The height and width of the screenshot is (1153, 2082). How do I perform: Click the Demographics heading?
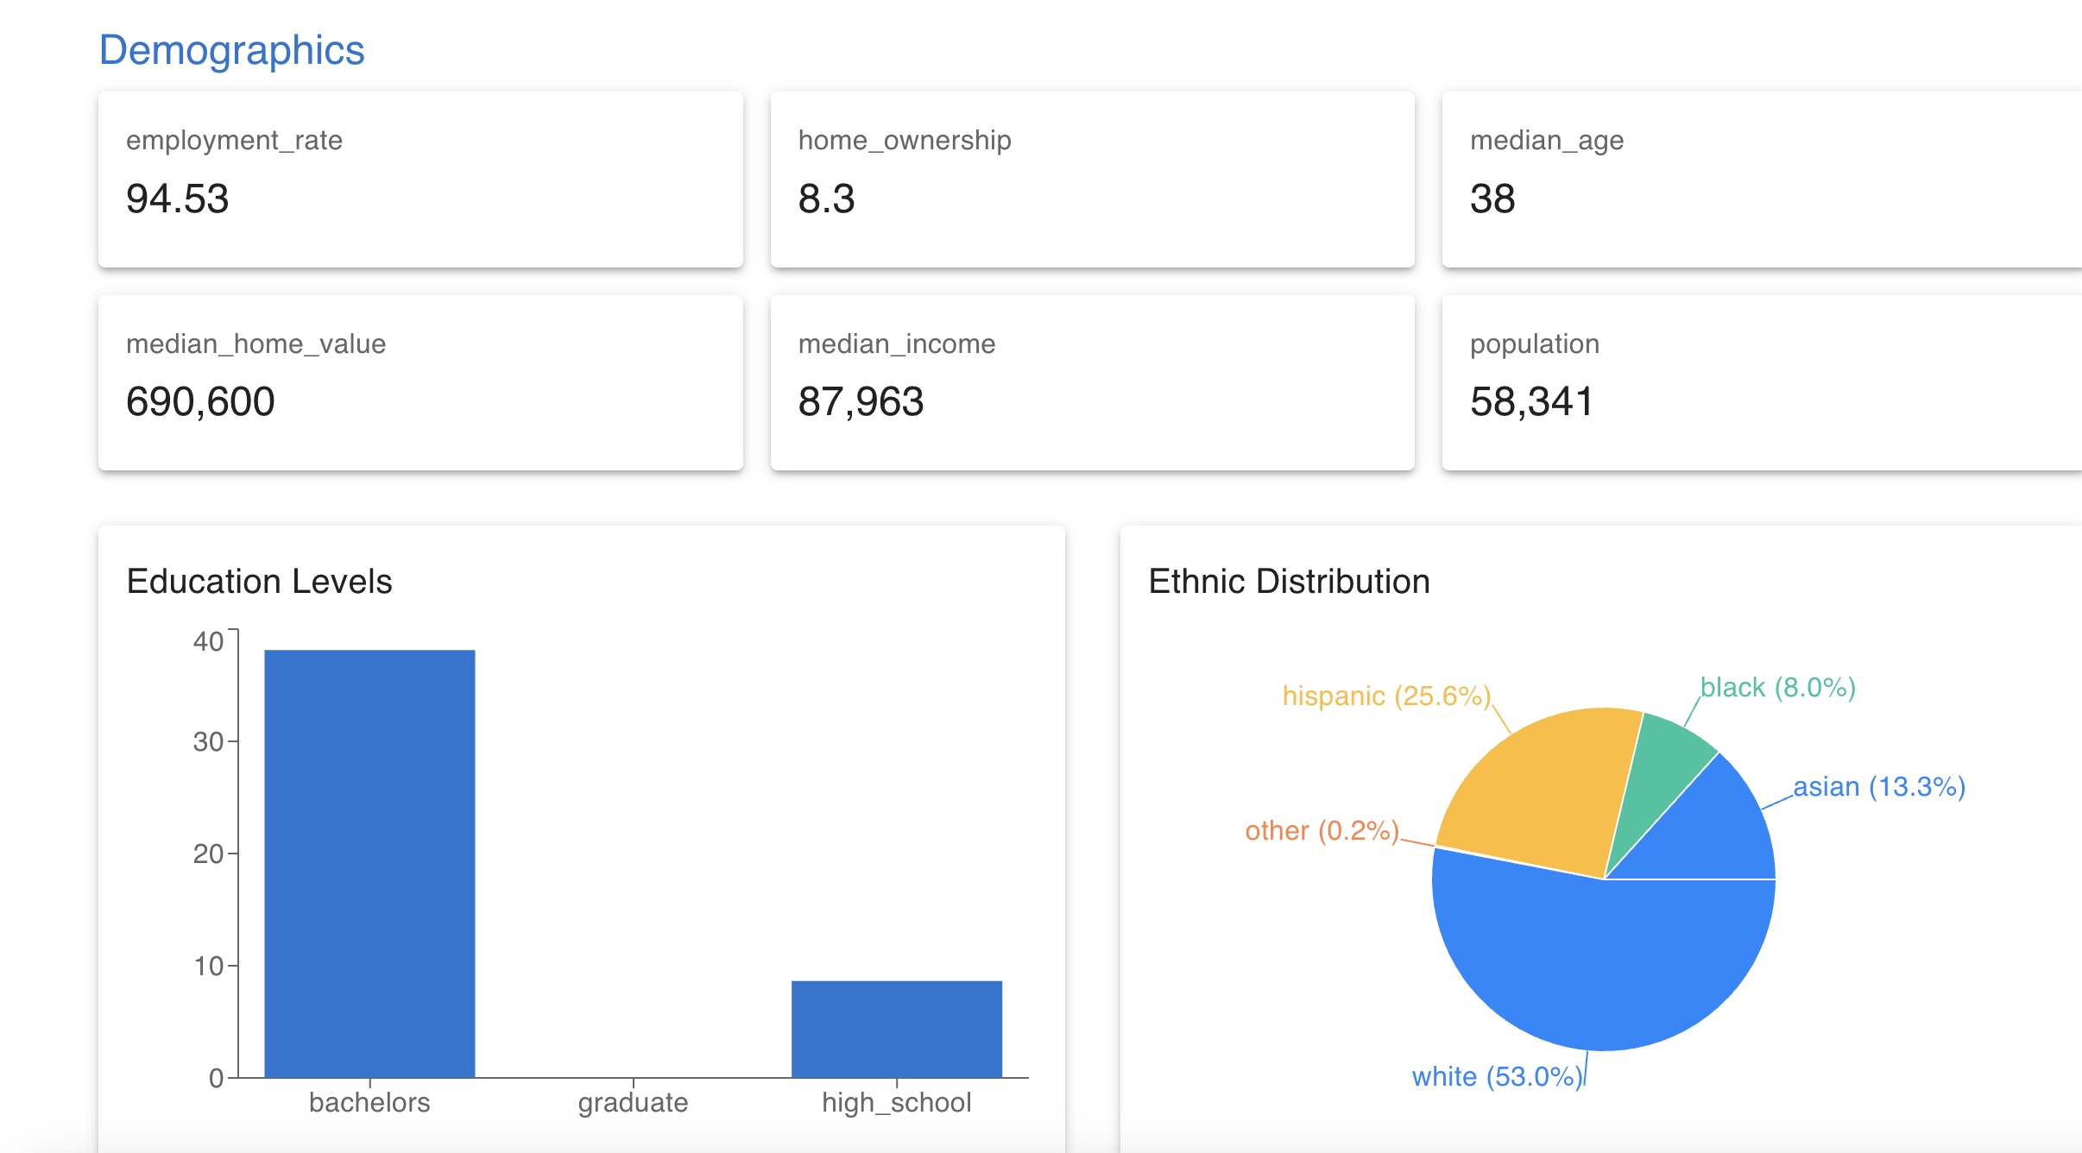[x=231, y=50]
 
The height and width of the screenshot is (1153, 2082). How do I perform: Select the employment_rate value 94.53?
[x=177, y=198]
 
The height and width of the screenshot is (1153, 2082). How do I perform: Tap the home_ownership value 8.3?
[x=826, y=198]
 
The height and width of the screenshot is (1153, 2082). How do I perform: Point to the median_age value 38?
[x=1492, y=198]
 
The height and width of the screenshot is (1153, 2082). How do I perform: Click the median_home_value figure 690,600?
[x=200, y=402]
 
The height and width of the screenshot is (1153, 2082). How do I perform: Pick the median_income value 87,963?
[x=861, y=402]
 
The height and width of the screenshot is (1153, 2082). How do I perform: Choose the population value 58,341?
[x=1531, y=402]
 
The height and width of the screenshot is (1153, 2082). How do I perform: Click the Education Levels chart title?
[x=259, y=582]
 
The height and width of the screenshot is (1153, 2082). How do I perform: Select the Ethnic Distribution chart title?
[x=1289, y=582]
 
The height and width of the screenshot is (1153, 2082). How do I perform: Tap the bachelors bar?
[x=369, y=863]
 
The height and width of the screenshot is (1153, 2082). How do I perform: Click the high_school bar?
[x=896, y=1029]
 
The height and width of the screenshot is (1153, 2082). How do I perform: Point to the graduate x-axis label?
[x=633, y=1102]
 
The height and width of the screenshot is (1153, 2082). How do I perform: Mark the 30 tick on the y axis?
[x=208, y=741]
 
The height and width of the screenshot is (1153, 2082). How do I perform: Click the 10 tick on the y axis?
[x=208, y=966]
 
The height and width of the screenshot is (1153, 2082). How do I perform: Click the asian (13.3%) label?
[x=1879, y=787]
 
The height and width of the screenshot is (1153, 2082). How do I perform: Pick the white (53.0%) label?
[x=1497, y=1076]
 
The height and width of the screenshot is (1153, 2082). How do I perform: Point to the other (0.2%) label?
[x=1322, y=830]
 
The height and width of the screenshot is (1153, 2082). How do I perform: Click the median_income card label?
[x=896, y=344]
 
